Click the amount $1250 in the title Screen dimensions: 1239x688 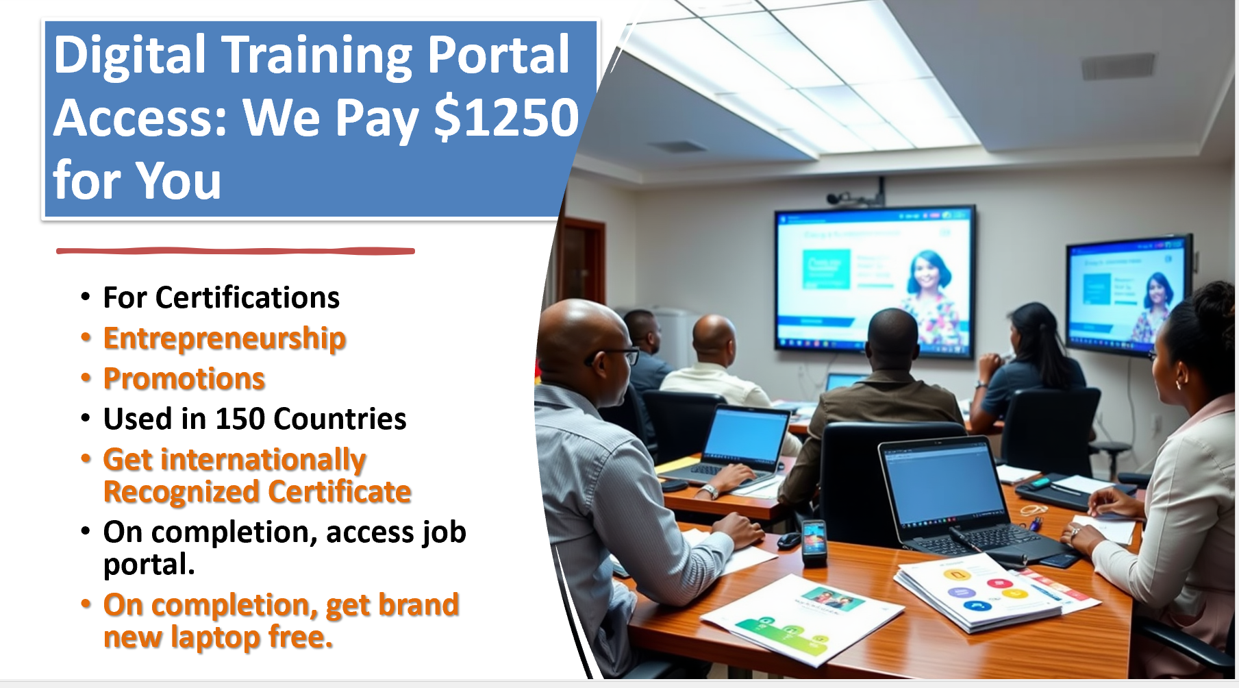tap(507, 118)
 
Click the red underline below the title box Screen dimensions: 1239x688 tap(236, 251)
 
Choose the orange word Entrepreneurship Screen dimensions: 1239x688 tap(225, 339)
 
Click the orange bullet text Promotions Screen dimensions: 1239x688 tap(184, 379)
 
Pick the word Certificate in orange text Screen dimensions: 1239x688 tap(340, 492)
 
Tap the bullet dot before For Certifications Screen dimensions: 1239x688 tap(86, 298)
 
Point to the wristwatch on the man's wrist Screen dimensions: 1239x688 tap(709, 491)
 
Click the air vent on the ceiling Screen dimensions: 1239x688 tap(1118, 66)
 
